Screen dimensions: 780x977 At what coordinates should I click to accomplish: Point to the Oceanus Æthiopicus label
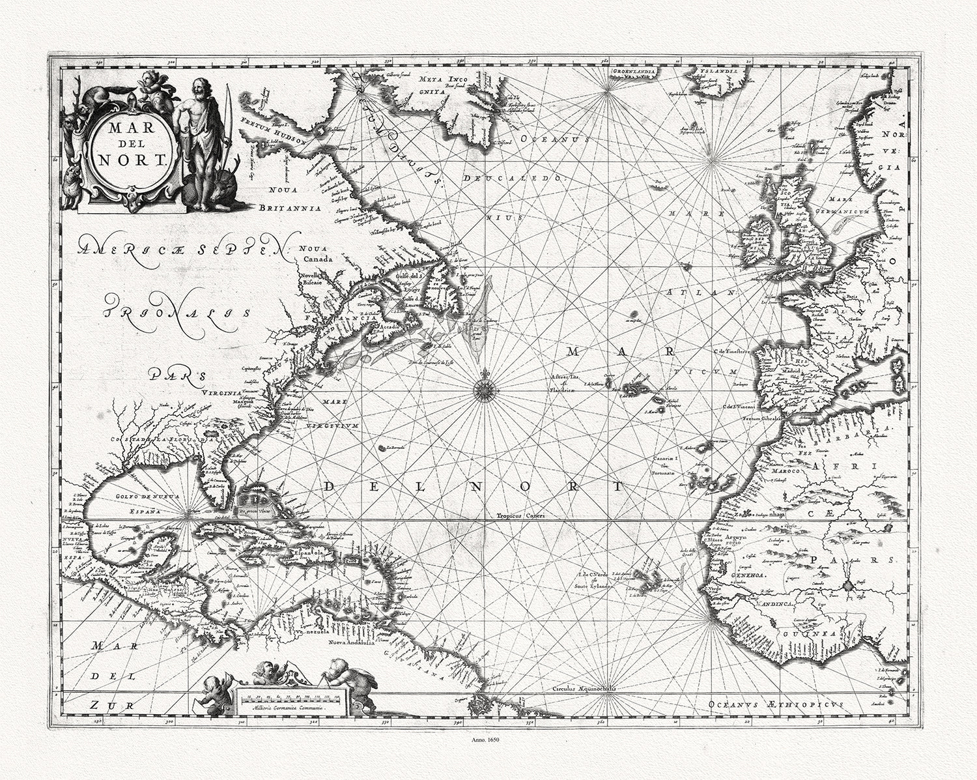775,705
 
